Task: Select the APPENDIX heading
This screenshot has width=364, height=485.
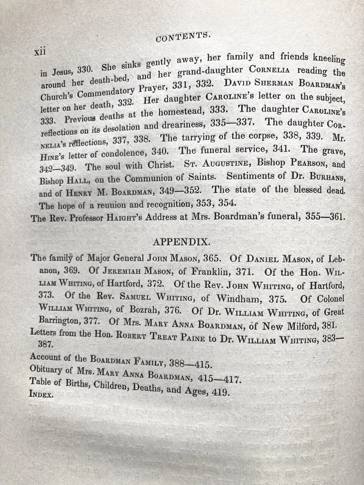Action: click(182, 241)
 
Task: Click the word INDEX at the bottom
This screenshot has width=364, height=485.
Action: click(42, 394)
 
